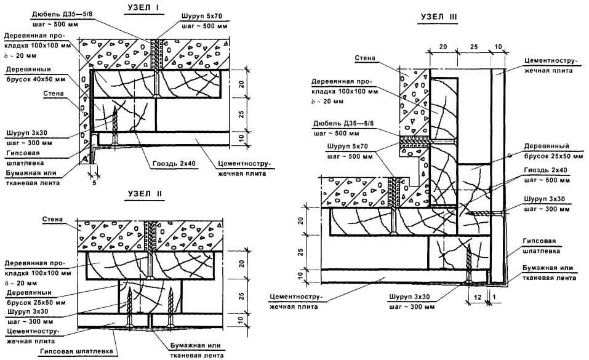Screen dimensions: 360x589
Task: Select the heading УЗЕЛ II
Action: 144,193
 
